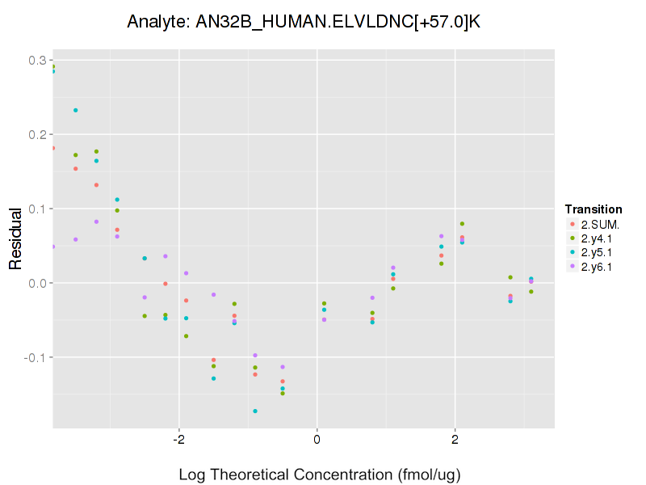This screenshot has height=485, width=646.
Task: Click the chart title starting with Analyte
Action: pyautogui.click(x=304, y=22)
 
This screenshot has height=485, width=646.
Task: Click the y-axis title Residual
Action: pyautogui.click(x=15, y=243)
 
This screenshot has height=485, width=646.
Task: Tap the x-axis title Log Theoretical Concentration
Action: pyautogui.click(x=320, y=474)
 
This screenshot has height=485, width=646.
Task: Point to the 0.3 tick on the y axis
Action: pyautogui.click(x=37, y=60)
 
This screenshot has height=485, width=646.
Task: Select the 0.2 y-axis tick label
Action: pyautogui.click(x=37, y=134)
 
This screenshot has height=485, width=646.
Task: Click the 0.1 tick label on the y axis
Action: pyautogui.click(x=37, y=209)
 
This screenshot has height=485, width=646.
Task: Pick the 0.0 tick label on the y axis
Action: pyautogui.click(x=37, y=283)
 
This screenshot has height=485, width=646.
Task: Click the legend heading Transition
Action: pyautogui.click(x=594, y=209)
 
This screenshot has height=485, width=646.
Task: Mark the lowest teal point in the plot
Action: pyautogui.click(x=255, y=411)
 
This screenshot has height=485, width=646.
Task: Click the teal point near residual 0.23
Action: pyautogui.click(x=76, y=110)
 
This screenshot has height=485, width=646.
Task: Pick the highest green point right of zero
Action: pyautogui.click(x=462, y=224)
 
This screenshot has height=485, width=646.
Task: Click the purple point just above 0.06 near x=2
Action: pyautogui.click(x=441, y=236)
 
